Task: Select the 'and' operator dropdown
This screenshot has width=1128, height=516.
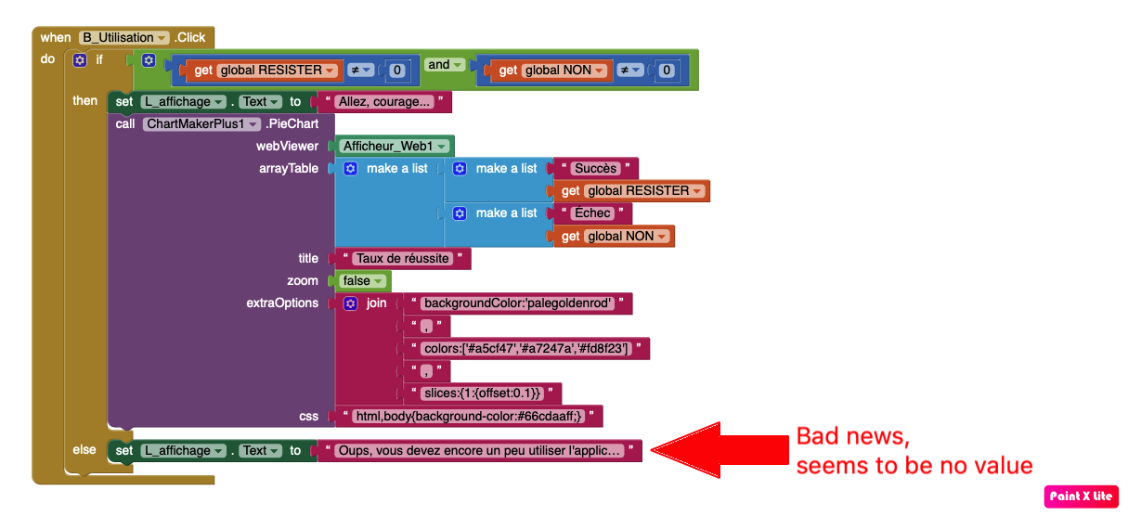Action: (444, 65)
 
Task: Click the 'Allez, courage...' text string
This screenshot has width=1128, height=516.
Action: (384, 102)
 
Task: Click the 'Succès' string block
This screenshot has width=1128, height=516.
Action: (594, 169)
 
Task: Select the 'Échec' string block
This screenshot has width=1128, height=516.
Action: (592, 213)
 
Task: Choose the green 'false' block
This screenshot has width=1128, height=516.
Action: (363, 281)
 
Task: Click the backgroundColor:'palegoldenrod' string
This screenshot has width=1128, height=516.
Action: (517, 303)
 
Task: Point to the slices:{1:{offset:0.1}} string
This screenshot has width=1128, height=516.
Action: (482, 393)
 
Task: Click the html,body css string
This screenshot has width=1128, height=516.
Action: (468, 416)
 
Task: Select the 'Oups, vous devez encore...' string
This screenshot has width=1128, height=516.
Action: (478, 451)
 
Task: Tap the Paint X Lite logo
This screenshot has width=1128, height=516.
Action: (1081, 497)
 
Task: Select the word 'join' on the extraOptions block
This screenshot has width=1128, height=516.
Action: (377, 303)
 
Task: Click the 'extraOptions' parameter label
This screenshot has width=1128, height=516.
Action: (282, 303)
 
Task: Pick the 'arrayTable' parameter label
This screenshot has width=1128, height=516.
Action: (289, 169)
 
